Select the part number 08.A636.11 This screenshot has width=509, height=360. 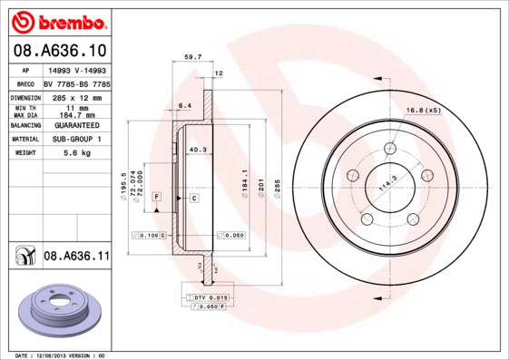coord(76,258)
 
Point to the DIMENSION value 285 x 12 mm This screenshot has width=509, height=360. coord(76,96)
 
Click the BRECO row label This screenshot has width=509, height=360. coord(24,83)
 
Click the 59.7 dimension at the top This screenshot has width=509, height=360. coord(192,57)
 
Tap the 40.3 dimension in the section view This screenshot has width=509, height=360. coord(197,149)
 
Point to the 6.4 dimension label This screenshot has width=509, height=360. coord(184,105)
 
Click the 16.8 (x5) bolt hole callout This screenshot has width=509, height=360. coord(424,110)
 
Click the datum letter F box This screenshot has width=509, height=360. coord(157,196)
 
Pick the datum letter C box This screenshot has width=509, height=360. coord(193,196)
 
